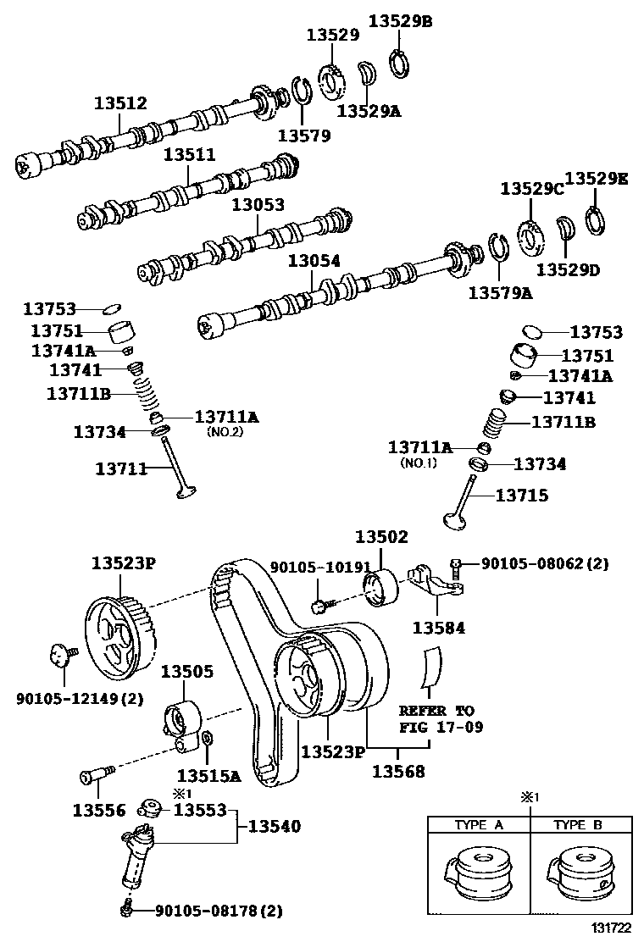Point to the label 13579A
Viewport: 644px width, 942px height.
(501, 293)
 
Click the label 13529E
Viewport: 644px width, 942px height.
(597, 179)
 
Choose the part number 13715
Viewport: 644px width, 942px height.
(522, 495)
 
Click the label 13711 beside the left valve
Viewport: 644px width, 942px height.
(121, 468)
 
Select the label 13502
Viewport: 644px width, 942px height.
(381, 536)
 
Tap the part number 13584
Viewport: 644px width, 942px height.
(439, 628)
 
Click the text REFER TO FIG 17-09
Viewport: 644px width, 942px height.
(436, 718)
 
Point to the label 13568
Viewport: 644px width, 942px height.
(398, 772)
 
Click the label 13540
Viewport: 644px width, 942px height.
(274, 826)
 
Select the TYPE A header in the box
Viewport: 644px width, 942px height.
(480, 824)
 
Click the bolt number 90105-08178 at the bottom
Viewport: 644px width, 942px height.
(218, 912)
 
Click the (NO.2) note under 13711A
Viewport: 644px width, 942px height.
(225, 431)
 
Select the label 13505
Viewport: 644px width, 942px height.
(187, 673)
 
